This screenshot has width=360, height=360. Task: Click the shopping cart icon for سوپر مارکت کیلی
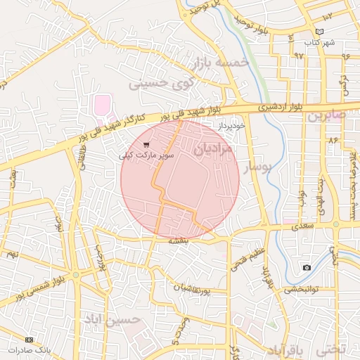(x=146, y=144)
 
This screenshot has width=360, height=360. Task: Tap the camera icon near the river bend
(x=307, y=267)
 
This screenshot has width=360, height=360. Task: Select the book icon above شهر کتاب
(x=321, y=32)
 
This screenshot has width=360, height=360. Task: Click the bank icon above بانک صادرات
(x=10, y=340)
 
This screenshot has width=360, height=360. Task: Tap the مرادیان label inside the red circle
(x=212, y=148)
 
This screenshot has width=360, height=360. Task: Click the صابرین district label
(x=324, y=115)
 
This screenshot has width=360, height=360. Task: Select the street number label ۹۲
(x=299, y=55)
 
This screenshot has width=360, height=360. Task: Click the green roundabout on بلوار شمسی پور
(x=76, y=274)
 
